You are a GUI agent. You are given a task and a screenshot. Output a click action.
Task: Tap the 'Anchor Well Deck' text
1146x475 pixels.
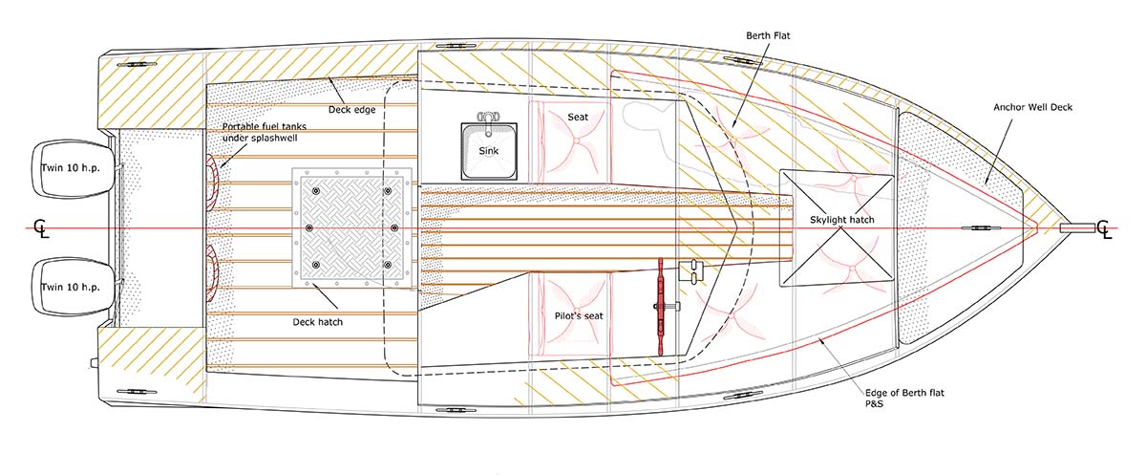click(x=1032, y=107)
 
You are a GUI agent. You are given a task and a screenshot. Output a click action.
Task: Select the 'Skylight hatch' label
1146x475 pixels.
click(x=841, y=221)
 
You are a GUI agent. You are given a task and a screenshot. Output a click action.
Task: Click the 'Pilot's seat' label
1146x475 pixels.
click(x=579, y=314)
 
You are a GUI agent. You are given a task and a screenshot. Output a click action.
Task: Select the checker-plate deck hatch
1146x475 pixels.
click(x=349, y=229)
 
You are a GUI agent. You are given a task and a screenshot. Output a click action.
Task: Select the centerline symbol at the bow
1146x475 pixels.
click(x=1105, y=229)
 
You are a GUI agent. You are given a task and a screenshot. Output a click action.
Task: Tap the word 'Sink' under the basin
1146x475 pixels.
click(x=490, y=178)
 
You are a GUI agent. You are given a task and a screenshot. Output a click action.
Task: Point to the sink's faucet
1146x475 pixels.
click(x=491, y=120)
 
